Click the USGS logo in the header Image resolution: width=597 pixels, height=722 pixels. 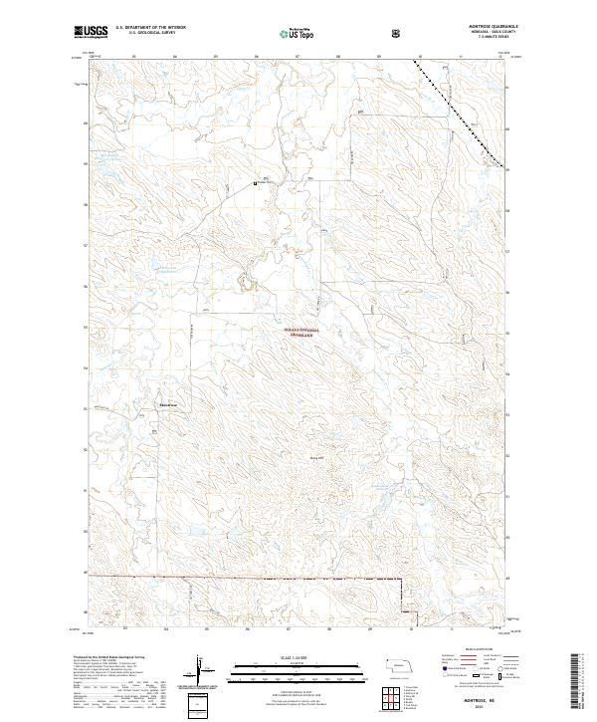(x=91, y=32)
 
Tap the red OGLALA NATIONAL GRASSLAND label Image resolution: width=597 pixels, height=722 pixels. (x=300, y=333)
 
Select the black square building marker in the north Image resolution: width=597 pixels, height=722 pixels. (x=256, y=182)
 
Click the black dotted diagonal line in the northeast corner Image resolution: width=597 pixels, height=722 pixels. (x=458, y=110)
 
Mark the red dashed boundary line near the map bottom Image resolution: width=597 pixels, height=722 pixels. (x=249, y=579)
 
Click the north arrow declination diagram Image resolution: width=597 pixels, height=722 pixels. (x=202, y=669)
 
